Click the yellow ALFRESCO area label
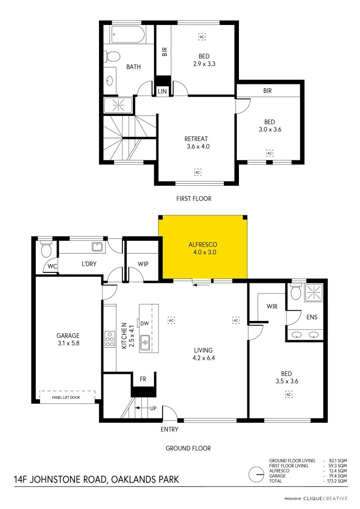tap(202, 248)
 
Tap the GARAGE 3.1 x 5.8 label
tap(68, 339)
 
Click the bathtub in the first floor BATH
tap(129, 35)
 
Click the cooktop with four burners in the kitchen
tap(109, 339)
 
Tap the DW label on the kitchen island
tap(144, 323)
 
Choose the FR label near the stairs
tap(143, 378)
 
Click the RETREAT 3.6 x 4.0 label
tap(196, 142)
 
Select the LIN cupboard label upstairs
tap(163, 91)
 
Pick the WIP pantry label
tap(143, 264)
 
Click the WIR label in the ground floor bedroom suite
tap(272, 306)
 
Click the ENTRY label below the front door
tap(169, 429)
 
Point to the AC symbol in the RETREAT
tap(197, 172)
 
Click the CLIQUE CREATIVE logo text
tap(325, 498)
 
